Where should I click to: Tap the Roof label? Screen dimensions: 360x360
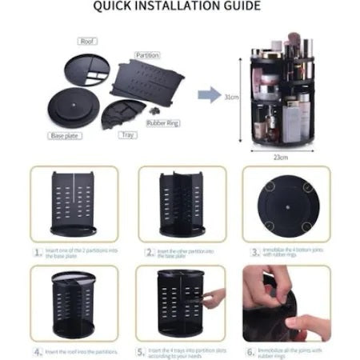click(x=88, y=40)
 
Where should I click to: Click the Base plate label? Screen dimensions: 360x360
click(x=64, y=135)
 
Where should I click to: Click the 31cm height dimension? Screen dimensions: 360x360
click(x=231, y=97)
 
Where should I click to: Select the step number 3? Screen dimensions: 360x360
click(x=250, y=251)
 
